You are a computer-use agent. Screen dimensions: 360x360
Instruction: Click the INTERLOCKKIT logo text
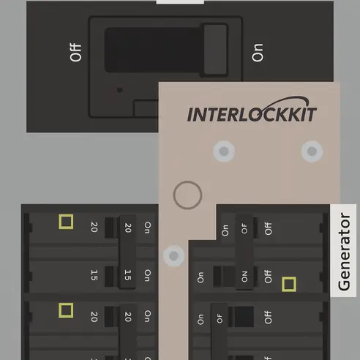tap(252, 114)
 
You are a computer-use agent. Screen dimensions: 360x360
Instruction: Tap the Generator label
tap(344, 252)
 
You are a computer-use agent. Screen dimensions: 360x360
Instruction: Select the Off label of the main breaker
tap(75, 53)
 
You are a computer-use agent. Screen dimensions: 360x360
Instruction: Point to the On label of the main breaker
tap(258, 53)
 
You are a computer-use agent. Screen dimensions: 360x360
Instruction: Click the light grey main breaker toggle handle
tap(215, 49)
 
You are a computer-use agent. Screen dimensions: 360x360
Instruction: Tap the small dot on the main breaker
tap(119, 90)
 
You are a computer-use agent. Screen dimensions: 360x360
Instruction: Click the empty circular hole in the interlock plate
tap(187, 195)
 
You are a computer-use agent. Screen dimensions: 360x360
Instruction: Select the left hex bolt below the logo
tap(224, 151)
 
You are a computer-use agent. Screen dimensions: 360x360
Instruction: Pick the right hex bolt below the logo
tap(312, 151)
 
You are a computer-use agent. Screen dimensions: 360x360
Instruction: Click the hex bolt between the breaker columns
tap(173, 256)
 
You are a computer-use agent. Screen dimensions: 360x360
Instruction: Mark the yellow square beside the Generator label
tap(289, 284)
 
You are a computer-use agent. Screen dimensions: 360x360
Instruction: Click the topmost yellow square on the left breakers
tap(66, 222)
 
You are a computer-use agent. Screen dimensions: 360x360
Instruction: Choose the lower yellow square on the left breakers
tap(66, 310)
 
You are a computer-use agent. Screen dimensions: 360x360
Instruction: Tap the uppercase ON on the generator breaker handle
tap(244, 277)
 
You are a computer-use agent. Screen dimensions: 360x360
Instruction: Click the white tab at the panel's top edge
tap(180, 2)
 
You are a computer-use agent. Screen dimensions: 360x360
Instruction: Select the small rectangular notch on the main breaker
tap(146, 108)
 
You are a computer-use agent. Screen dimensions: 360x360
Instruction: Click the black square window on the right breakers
tap(244, 317)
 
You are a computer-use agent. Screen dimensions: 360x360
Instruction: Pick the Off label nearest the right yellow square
tap(268, 277)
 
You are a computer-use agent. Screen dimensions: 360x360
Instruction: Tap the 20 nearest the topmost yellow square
tap(94, 227)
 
